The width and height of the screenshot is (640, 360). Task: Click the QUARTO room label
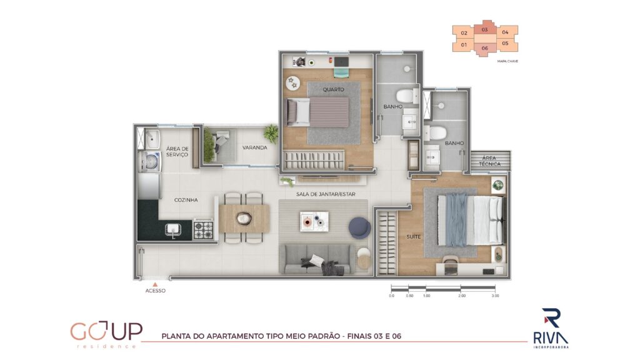coord(334,89)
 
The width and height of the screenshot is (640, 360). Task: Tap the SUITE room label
coord(414,237)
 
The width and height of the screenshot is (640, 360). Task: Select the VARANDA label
coord(255,147)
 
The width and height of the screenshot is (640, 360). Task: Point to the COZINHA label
coord(186,200)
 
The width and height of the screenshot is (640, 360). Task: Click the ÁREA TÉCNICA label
coord(489,161)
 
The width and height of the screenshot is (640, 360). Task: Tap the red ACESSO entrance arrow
coord(155,284)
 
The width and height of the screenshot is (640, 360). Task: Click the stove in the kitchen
coord(203,229)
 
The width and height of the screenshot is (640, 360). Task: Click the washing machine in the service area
coord(151,161)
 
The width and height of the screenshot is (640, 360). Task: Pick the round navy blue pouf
coord(359,227)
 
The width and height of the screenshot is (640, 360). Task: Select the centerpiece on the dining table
coord(244,219)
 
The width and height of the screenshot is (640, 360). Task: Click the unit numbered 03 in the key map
coord(484,29)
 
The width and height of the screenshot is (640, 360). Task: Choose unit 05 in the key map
coord(506,44)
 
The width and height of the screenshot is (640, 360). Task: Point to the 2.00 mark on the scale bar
coord(462,296)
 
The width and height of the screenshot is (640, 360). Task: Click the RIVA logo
coord(551,329)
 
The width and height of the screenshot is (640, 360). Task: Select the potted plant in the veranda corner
coord(270,133)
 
